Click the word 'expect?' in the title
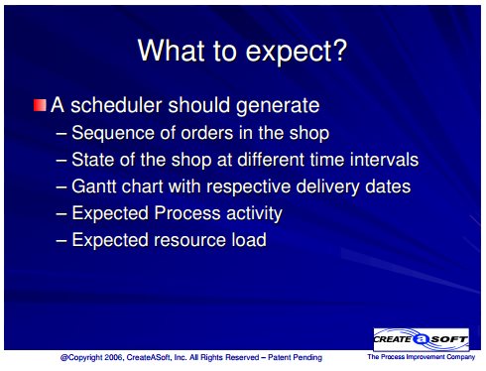(x=297, y=52)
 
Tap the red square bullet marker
(x=40, y=105)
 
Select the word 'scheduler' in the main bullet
(x=116, y=105)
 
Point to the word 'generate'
(x=278, y=107)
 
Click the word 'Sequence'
(x=113, y=133)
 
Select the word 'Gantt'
(x=94, y=186)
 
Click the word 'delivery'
(x=327, y=186)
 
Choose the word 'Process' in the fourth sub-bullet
(x=187, y=213)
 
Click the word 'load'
(x=249, y=239)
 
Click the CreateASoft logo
(x=421, y=339)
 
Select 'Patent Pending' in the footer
(x=295, y=357)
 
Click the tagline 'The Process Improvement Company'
(x=421, y=357)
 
